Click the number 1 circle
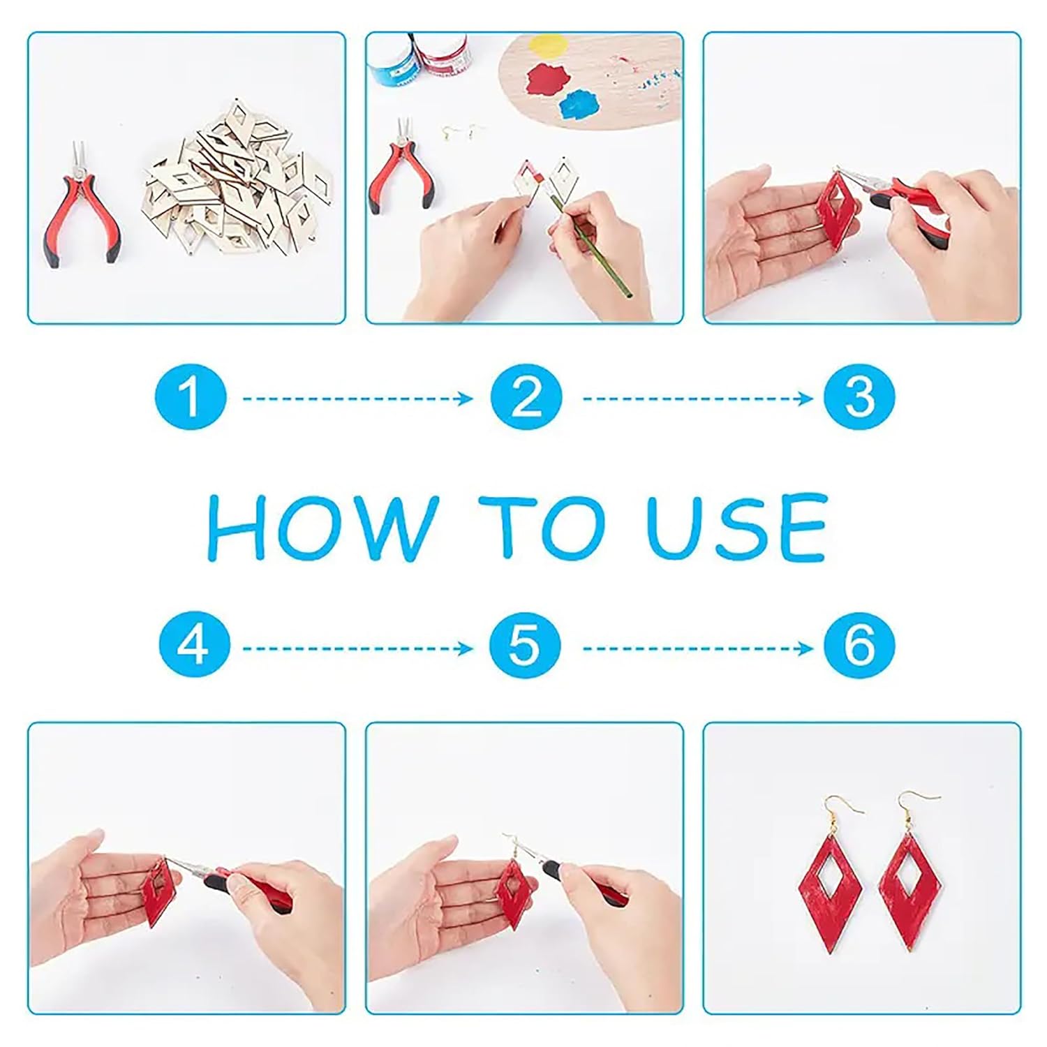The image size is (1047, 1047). click(x=191, y=397)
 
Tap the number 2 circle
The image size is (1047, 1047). click(x=526, y=397)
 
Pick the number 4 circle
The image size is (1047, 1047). click(x=193, y=645)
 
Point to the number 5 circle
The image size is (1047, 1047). click(x=525, y=645)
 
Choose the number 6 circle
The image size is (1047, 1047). click(x=859, y=645)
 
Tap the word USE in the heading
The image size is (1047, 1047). click(x=738, y=527)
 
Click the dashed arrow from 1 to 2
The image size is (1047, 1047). click(x=357, y=399)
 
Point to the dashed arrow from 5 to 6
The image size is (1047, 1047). click(x=698, y=648)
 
